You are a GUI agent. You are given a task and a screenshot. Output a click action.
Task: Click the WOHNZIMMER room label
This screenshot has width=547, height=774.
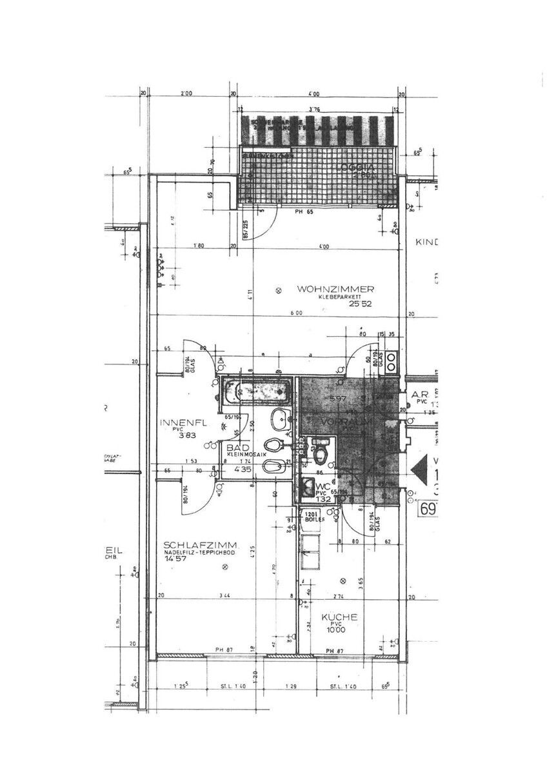[x=335, y=290]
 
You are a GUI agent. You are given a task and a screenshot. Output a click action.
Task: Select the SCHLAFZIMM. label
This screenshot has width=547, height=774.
[x=194, y=543]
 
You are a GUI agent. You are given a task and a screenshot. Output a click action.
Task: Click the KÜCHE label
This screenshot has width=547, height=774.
[x=341, y=617]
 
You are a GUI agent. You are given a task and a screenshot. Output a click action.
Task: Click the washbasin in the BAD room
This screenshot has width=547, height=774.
[x=281, y=419]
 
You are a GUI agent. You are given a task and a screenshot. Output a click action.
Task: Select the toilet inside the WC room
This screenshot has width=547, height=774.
[x=320, y=455]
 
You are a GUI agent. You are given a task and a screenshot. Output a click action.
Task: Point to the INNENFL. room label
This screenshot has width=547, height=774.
[x=183, y=423]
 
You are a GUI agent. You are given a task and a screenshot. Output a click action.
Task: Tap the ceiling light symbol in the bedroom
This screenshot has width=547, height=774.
[x=224, y=567]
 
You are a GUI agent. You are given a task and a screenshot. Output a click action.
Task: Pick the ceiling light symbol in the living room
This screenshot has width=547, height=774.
[x=278, y=291]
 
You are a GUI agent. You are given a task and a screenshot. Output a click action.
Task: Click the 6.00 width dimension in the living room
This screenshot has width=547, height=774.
[x=296, y=313]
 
